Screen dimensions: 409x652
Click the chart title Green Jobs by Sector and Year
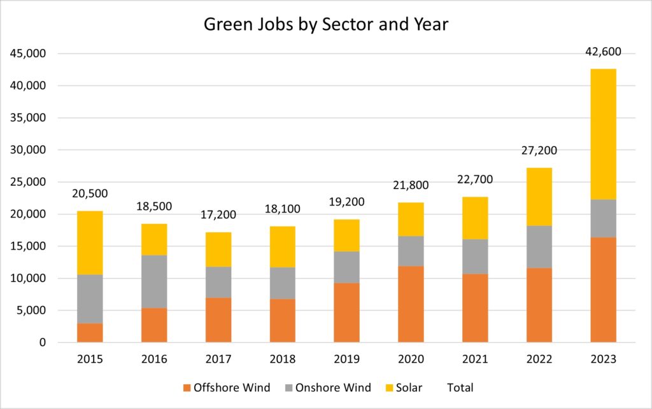click(325, 24)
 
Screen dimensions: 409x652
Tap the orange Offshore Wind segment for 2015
click(90, 333)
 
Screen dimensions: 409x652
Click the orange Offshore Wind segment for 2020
click(411, 304)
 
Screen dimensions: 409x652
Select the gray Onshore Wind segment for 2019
click(346, 267)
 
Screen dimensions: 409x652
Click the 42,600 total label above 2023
click(603, 52)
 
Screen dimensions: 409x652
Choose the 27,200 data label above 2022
click(539, 151)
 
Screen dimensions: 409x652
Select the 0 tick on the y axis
click(43, 343)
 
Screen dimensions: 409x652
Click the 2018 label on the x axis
click(282, 359)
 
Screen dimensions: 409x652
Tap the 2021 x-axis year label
click(474, 359)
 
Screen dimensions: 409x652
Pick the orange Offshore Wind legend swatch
click(186, 387)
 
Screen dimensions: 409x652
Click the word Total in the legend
click(460, 387)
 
